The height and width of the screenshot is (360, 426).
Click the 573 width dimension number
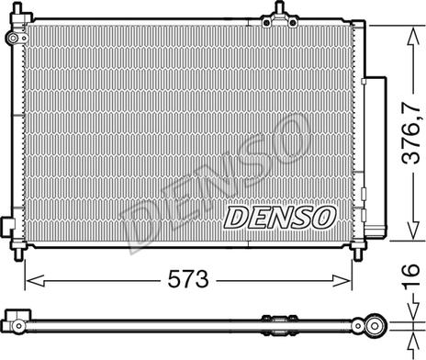(x=188, y=279)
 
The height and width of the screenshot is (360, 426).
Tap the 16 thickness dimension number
(x=410, y=276)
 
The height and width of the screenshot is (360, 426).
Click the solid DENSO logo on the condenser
(x=280, y=217)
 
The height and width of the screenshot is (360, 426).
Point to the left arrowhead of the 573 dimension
(x=36, y=280)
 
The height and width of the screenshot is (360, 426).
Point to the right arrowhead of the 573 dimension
(x=341, y=280)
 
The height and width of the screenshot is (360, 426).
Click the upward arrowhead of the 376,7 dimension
(x=413, y=37)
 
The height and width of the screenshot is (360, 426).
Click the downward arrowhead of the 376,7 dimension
(x=413, y=230)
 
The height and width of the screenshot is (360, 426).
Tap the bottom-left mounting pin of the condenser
(x=18, y=253)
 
